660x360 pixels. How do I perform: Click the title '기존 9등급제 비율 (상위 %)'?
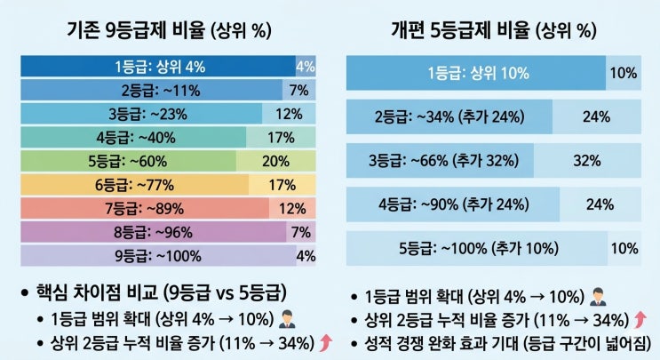169,30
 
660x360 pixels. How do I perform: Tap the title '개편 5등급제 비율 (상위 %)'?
494,30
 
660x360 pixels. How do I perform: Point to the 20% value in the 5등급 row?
275,161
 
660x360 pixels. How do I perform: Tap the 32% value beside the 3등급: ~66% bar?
587,160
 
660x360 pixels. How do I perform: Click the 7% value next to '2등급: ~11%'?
298,90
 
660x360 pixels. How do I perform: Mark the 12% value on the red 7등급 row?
292,208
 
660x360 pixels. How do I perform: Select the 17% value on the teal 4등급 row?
281,138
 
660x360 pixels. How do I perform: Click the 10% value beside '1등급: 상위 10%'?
624,73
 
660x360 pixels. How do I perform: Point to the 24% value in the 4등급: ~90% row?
600,204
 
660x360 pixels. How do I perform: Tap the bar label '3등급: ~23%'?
147,114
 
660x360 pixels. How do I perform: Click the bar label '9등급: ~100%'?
158,256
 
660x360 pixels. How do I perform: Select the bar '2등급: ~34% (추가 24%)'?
449,116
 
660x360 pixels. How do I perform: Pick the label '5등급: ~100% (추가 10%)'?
479,248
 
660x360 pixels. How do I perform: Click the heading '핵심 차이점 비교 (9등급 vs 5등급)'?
162,292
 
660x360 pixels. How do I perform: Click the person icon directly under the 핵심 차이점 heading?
287,319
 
